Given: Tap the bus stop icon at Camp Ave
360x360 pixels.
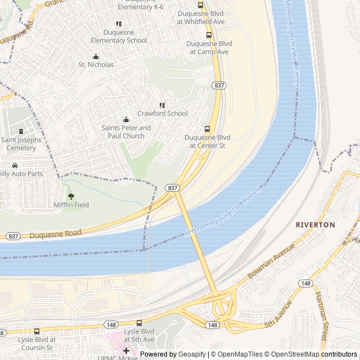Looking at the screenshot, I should [x=209, y=34].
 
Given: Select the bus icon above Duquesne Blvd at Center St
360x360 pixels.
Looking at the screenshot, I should [x=207, y=129].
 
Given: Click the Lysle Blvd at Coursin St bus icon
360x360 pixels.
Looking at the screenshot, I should [x=37, y=331].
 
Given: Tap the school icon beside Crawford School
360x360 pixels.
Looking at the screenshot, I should [x=162, y=105].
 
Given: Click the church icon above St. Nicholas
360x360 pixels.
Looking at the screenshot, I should [x=96, y=56].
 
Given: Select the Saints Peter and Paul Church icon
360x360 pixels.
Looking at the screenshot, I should [x=126, y=119].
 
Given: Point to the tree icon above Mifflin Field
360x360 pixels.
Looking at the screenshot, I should [x=71, y=196].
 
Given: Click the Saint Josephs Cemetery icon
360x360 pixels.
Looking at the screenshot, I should [x=21, y=131].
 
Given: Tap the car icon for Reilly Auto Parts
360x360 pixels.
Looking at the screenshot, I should [x=15, y=165].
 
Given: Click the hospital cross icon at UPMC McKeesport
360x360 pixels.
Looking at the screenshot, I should [x=126, y=350].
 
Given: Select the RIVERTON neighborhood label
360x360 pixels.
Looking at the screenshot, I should [x=315, y=224].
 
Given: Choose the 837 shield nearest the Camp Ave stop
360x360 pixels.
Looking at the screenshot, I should [x=219, y=85].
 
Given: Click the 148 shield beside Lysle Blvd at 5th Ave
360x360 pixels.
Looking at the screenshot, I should [x=110, y=325].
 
